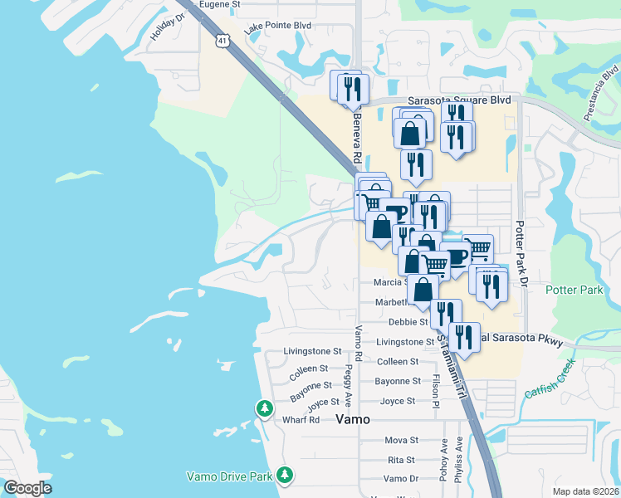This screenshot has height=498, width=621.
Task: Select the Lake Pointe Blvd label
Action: (x=277, y=27)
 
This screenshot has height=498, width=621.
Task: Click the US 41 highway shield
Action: (x=222, y=40)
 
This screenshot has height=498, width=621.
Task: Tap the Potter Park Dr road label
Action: (x=522, y=254)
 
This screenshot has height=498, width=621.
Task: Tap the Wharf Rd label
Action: (x=301, y=420)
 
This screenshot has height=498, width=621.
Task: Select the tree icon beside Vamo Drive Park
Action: (x=285, y=475)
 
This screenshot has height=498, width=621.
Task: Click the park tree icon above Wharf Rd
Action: (x=264, y=408)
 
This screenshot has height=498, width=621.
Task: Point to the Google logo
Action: (x=28, y=488)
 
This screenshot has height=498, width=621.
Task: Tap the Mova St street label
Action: (x=401, y=440)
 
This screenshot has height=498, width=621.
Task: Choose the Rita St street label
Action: (x=401, y=460)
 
